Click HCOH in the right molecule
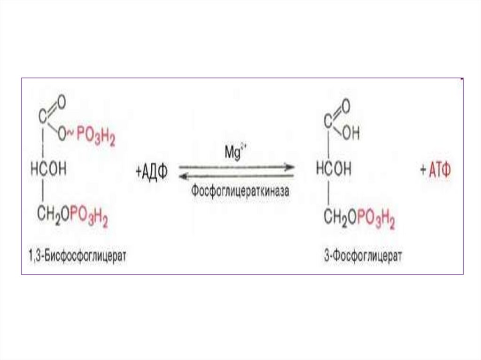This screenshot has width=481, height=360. pos(334,169)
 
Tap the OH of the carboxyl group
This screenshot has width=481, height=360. pos(350,134)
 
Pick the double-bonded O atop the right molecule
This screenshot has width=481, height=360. pos(346,107)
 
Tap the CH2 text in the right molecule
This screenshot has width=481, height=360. pos(332,217)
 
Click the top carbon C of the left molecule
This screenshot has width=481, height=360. pos(43,115)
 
